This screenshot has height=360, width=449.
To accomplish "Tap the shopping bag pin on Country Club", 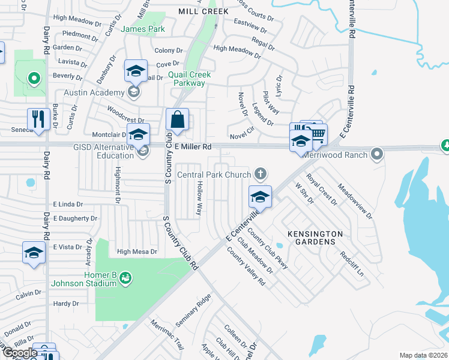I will coord(178,119).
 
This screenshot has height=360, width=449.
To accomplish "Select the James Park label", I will coord(143,29).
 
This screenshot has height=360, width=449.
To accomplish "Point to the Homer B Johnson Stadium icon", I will coord(125,277).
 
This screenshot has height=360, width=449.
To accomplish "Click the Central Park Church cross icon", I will coord(260,175).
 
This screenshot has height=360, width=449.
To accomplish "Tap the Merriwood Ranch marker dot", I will coord(376,154).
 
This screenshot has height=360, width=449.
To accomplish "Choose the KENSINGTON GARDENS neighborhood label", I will coord(315,238).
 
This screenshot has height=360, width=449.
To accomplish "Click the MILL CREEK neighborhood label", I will coord(195,11).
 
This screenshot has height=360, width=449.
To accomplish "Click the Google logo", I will coord(20,352).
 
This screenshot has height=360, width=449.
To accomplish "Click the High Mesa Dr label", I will coord(137,252).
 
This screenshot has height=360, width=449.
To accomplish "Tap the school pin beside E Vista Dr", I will coord(34,253).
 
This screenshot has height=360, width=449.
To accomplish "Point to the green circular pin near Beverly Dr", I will coord(34,77).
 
